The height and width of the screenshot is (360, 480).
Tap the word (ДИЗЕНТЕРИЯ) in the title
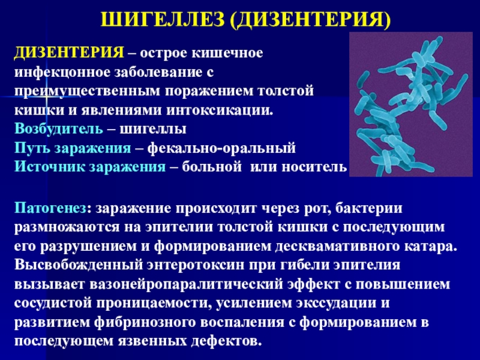pos(310,20)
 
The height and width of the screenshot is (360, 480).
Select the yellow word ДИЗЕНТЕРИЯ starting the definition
pos(69,53)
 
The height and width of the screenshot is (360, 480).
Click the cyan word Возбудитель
pos(59,129)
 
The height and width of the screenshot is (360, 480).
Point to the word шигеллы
pos(153,130)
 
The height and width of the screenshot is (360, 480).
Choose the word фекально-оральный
pos(221,148)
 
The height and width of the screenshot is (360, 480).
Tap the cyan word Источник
pos(50,167)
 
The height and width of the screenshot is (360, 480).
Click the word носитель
pos(314,167)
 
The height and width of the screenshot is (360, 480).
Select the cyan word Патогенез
pos(50,208)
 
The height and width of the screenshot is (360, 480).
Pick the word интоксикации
pos(220,110)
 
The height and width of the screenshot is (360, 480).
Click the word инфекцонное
pos(63,73)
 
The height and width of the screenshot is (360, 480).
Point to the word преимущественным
pos(87,92)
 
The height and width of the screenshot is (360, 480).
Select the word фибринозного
pos(145,322)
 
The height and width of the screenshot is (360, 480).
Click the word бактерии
pos(369,208)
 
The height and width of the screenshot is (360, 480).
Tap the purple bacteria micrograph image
pos(411,104)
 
